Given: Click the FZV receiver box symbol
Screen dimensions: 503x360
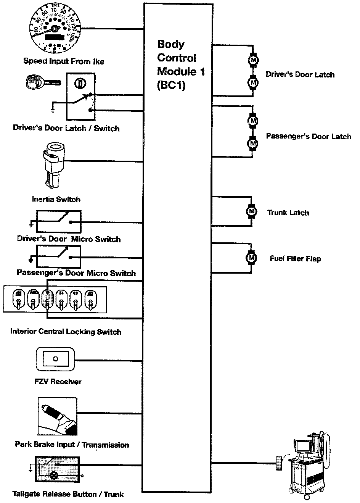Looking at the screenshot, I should coord(56,360).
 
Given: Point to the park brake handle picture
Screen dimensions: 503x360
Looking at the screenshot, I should coord(57,416).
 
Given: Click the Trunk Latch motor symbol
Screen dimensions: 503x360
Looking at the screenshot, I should coord(251,210).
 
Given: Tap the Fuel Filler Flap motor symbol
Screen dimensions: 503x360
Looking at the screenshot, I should coord(251,258).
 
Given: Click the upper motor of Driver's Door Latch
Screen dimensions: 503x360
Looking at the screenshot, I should coord(253,60).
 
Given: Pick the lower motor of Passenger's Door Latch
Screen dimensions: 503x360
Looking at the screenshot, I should coord(252,143).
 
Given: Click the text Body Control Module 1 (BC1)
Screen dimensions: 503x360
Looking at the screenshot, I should coord(177,64).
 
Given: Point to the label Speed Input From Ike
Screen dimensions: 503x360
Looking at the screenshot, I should coord(63,61).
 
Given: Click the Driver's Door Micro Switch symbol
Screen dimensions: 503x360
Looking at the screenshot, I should coord(59,221).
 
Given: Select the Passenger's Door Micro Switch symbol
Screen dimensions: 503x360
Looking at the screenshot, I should coord(59,256).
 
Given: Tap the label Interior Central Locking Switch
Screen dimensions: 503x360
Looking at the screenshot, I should coord(66,331).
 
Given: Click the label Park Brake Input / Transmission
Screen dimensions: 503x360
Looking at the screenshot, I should coord(72,445).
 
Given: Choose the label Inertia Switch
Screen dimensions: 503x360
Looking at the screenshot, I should coord(56,199).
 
